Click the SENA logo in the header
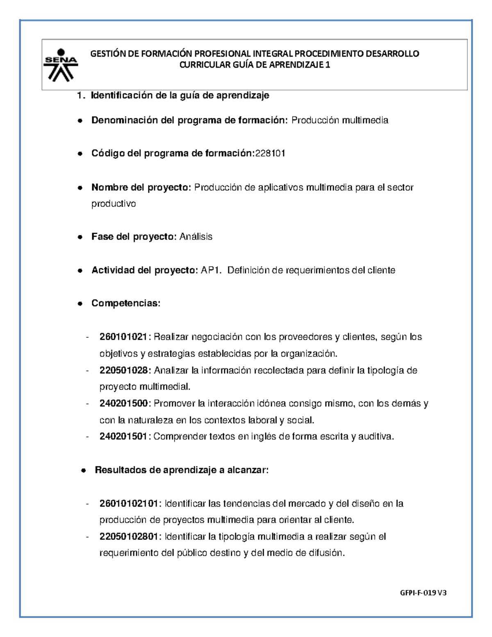[x=61, y=65]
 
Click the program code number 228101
[x=270, y=153]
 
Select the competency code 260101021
[x=123, y=337]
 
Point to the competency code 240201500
[x=123, y=404]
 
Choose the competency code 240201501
[x=123, y=437]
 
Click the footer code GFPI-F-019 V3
[x=423, y=593]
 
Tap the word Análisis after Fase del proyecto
[x=196, y=237]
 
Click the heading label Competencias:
[x=126, y=303]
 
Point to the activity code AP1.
[x=211, y=270]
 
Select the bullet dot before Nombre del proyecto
[x=80, y=188]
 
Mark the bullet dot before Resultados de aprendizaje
[x=83, y=470]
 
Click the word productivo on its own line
[x=114, y=204]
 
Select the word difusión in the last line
[x=327, y=553]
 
